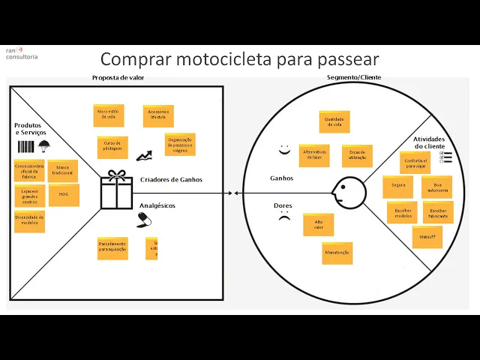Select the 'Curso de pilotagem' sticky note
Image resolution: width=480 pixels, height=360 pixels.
[112, 146]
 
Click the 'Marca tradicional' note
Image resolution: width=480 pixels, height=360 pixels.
[64, 170]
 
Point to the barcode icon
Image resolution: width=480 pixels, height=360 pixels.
[25, 146]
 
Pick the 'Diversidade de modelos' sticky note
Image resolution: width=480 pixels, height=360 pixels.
[29, 220]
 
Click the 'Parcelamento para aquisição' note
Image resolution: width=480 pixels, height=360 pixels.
[112, 247]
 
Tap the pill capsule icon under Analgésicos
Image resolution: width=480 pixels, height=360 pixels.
[145, 220]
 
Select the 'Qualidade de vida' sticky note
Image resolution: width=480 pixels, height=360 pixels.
[333, 121]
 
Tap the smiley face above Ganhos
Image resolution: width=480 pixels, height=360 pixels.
[283, 150]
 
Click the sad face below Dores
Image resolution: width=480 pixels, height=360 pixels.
[283, 218]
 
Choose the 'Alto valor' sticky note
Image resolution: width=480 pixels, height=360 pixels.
[318, 224]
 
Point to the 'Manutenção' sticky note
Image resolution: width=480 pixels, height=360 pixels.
[337, 253]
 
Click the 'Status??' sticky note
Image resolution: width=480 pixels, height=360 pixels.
[427, 237]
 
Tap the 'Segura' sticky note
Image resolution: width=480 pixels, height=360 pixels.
[398, 185]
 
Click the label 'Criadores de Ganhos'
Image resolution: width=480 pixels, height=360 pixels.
[171, 180]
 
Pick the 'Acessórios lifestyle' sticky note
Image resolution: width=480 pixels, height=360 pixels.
[158, 115]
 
